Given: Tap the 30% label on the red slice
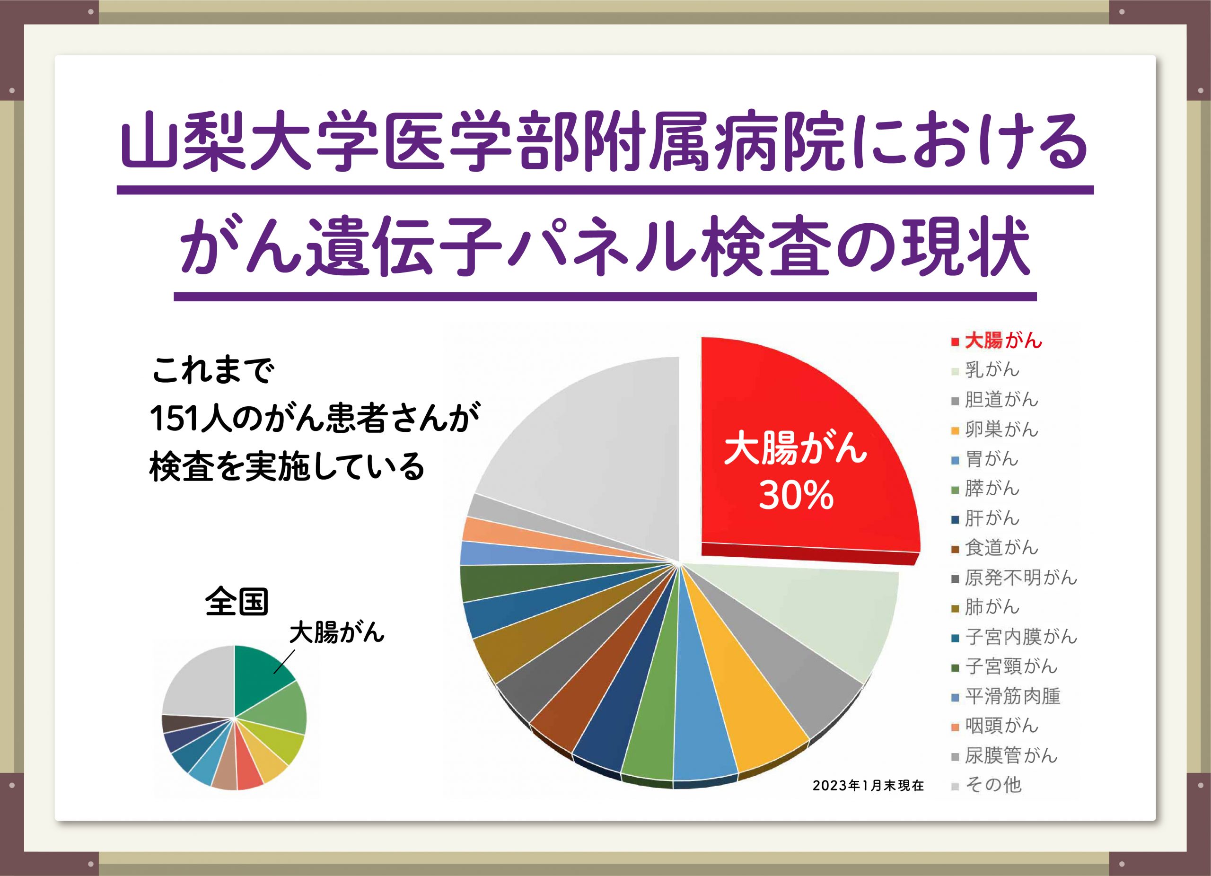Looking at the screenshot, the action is point(796,495).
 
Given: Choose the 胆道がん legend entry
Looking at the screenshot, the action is point(995,399).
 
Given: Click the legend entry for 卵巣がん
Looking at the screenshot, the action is point(995,429).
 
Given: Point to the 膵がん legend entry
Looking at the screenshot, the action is point(986,488).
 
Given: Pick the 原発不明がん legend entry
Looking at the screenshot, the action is point(1015,577).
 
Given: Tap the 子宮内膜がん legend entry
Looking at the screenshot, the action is point(1015,636).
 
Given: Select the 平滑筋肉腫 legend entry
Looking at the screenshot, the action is point(1005,696).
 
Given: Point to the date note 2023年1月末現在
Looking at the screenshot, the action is point(869,785).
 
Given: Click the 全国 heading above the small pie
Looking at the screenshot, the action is point(237,602).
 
